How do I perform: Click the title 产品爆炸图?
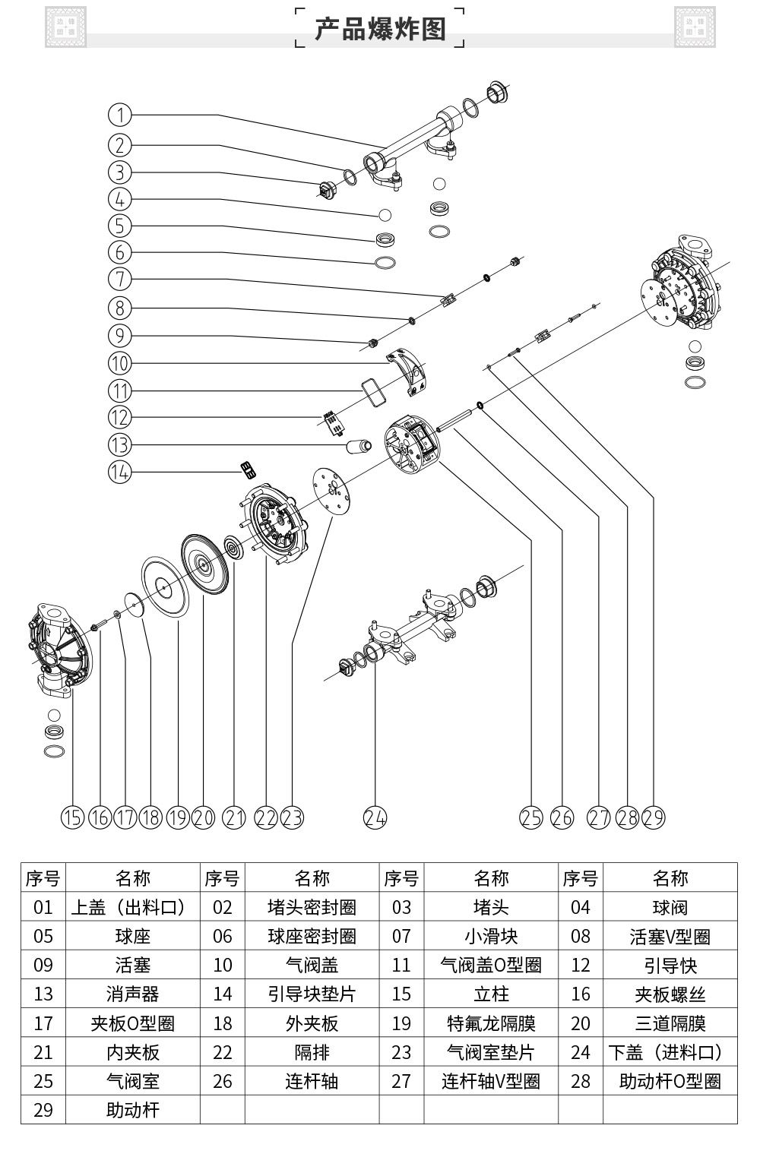pos(379,29)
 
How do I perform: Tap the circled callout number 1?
pos(120,115)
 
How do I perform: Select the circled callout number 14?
pos(120,472)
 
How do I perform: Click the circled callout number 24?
pos(375,817)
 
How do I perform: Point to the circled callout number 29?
pos(653,817)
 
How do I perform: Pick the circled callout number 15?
pos(72,817)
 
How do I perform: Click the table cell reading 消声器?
pos(133,994)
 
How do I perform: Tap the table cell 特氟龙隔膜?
pos(491,1023)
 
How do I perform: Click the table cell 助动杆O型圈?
pos(670,1081)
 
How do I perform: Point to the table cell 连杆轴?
pos(312,1081)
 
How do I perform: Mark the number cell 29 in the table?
pos(43,1110)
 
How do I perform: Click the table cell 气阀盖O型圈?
pos(491,965)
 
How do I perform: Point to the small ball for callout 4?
pos(385,215)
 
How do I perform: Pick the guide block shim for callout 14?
pos(247,469)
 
